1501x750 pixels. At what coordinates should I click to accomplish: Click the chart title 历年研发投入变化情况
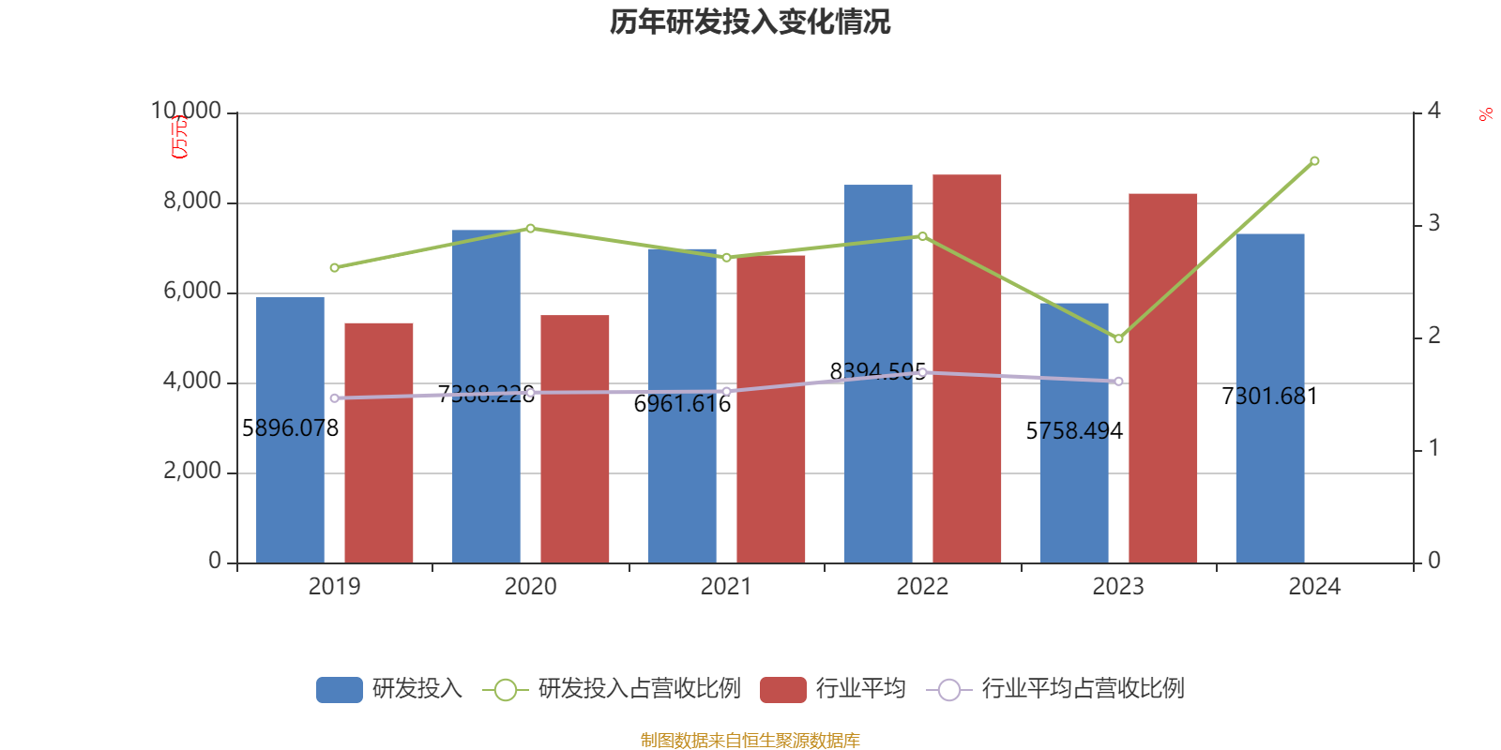tap(750, 22)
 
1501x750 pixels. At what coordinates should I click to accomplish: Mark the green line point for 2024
tap(1314, 161)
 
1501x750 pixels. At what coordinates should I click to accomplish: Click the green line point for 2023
tap(1118, 338)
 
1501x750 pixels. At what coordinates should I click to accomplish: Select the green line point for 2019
tap(334, 268)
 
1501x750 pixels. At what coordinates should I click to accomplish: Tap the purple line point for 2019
tap(334, 398)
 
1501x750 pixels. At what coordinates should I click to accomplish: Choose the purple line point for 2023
tap(1118, 382)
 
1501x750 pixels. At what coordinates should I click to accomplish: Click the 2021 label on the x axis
tap(726, 587)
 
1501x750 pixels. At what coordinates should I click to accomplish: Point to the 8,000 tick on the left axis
tap(192, 202)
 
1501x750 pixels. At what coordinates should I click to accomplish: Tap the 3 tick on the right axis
tap(1433, 224)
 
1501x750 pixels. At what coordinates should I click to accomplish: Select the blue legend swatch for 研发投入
tap(339, 690)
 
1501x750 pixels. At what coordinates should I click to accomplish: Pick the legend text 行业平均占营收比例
tap(1083, 689)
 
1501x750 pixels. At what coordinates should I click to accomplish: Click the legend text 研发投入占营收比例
tap(639, 689)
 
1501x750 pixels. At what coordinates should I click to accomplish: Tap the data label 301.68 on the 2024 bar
tap(1269, 397)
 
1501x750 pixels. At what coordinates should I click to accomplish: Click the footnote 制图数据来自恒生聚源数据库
tap(750, 741)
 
